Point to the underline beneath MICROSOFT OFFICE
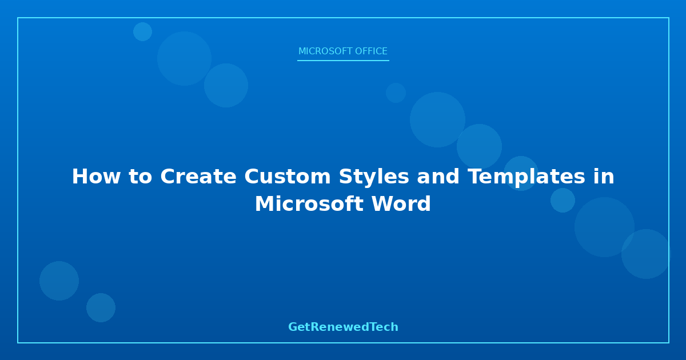point(343,61)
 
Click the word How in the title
point(96,177)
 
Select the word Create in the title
point(198,177)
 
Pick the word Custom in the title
point(287,177)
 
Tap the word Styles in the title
point(374,177)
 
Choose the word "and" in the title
point(438,177)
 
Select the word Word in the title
point(401,204)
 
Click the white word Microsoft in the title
point(309,204)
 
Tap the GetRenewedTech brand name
point(343,327)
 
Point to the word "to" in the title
point(140,177)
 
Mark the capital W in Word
point(382,204)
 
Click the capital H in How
point(79,177)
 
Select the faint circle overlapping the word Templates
point(521,173)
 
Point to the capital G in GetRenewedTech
point(293,327)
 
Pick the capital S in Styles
point(345,177)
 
